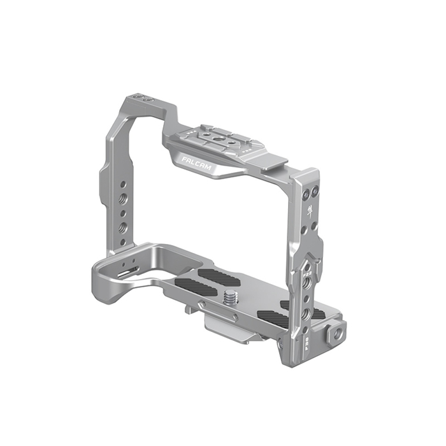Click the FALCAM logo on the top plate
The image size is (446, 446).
click(199, 163)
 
